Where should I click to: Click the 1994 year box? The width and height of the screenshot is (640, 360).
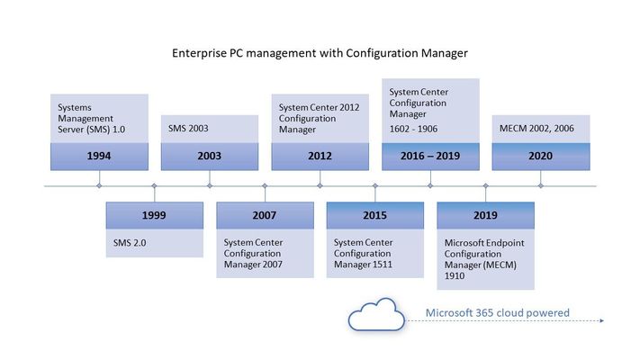click(x=99, y=157)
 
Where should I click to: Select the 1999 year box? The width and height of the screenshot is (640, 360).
click(x=154, y=215)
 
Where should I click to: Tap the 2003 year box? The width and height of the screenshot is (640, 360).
click(x=210, y=157)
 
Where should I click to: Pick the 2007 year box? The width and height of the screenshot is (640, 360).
click(x=265, y=215)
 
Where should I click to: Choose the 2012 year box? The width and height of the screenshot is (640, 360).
click(x=320, y=157)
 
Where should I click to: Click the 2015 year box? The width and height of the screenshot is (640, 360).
click(x=375, y=215)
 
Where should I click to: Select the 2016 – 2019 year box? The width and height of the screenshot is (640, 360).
click(x=430, y=157)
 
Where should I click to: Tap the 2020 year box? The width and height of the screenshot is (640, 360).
click(x=541, y=157)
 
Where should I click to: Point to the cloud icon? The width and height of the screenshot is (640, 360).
click(x=376, y=315)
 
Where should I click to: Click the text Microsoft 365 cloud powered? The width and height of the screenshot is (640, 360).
click(x=497, y=312)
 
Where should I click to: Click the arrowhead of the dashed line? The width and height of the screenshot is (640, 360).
click(x=601, y=320)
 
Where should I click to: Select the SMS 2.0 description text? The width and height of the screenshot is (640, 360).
click(x=130, y=243)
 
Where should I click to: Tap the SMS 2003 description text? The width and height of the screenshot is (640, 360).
click(x=188, y=128)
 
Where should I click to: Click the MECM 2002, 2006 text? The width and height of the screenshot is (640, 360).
click(x=536, y=128)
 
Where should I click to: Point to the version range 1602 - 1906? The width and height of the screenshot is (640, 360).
click(x=413, y=129)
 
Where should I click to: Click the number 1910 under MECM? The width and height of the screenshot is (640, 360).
click(x=455, y=276)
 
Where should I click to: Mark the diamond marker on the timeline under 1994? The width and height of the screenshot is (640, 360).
click(x=99, y=185)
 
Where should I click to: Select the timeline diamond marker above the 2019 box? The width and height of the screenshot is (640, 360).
click(x=486, y=185)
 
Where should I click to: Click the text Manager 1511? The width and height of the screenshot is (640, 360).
click(x=363, y=265)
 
